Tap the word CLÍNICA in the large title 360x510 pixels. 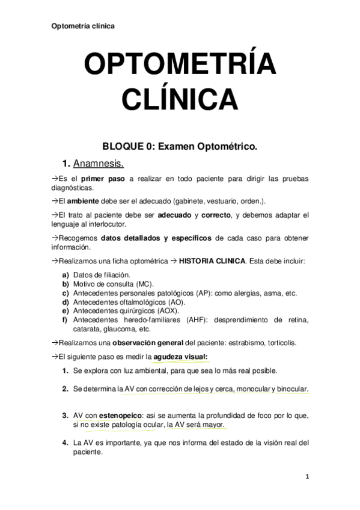coord(180,98)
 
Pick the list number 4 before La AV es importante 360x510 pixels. coord(65,443)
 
